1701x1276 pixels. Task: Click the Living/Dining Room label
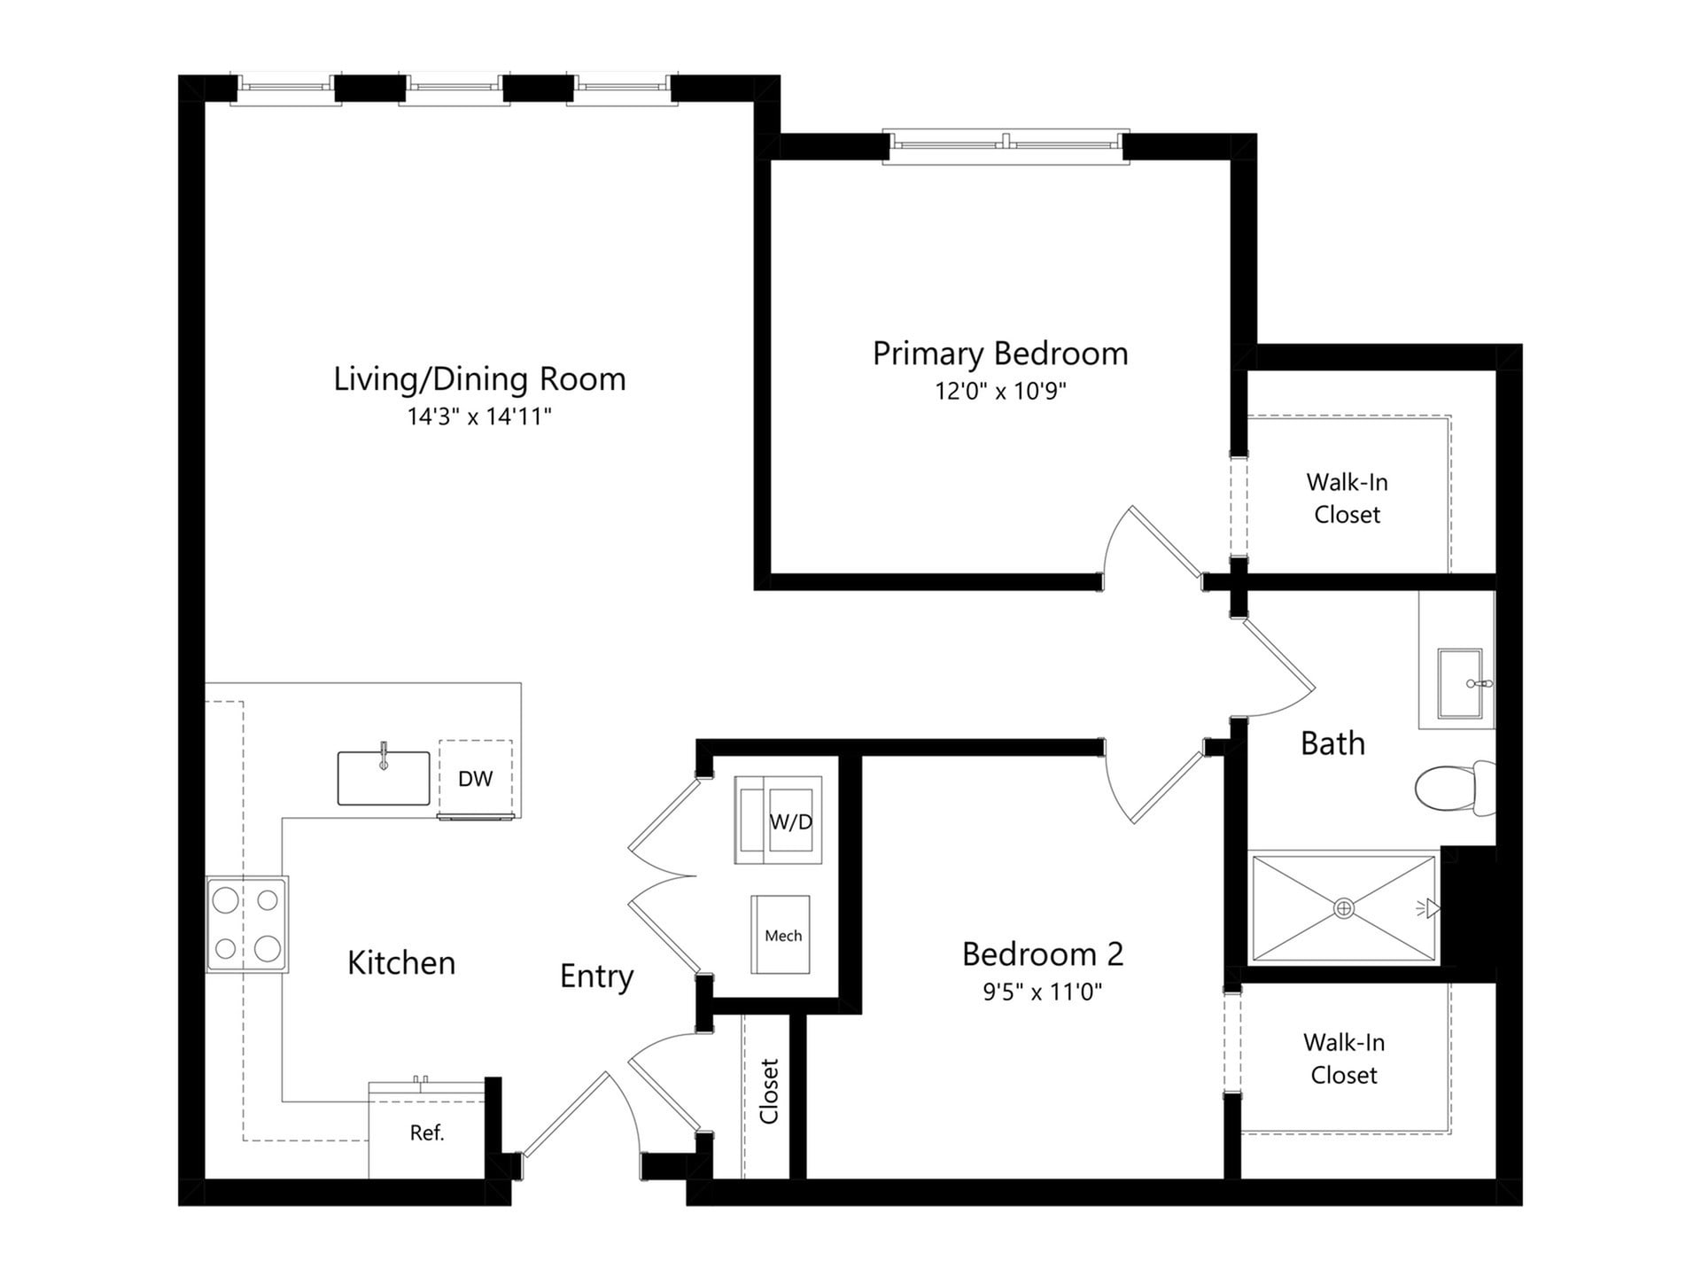click(479, 379)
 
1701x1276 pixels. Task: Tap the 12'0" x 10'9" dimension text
click(1000, 391)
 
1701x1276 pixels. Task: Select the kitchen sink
click(384, 778)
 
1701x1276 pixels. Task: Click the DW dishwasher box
click(476, 778)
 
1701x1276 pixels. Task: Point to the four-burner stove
click(247, 925)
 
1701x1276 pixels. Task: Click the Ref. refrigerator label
click(427, 1132)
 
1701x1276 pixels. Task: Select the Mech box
click(781, 936)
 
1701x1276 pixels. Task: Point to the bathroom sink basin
click(1458, 683)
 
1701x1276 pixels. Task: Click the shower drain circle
click(1344, 908)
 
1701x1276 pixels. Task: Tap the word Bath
click(1332, 743)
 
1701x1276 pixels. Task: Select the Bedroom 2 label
click(1043, 954)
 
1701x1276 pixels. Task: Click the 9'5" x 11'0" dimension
click(1043, 991)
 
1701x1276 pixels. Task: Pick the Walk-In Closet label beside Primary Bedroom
click(1347, 498)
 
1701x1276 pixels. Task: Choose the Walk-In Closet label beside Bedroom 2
click(1344, 1059)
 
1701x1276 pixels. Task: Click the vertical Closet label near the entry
click(769, 1092)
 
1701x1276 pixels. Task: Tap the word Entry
click(596, 976)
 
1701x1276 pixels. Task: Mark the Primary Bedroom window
click(1007, 142)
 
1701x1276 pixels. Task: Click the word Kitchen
click(401, 963)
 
